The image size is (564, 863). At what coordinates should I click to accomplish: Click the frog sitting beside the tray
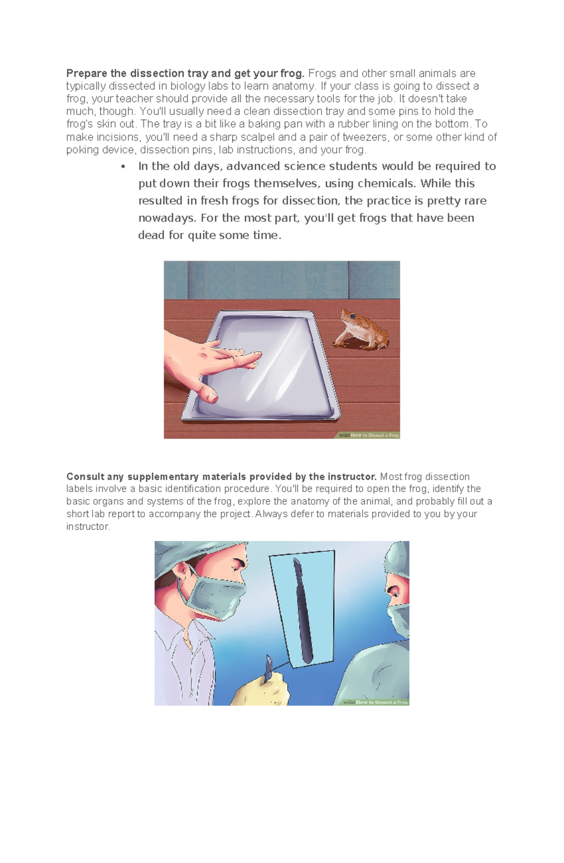pyautogui.click(x=361, y=331)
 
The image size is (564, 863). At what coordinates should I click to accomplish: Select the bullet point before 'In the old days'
pyautogui.click(x=124, y=166)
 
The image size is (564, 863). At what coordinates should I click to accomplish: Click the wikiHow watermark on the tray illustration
pyautogui.click(x=369, y=435)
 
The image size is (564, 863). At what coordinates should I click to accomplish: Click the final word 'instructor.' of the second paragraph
pyautogui.click(x=88, y=527)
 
